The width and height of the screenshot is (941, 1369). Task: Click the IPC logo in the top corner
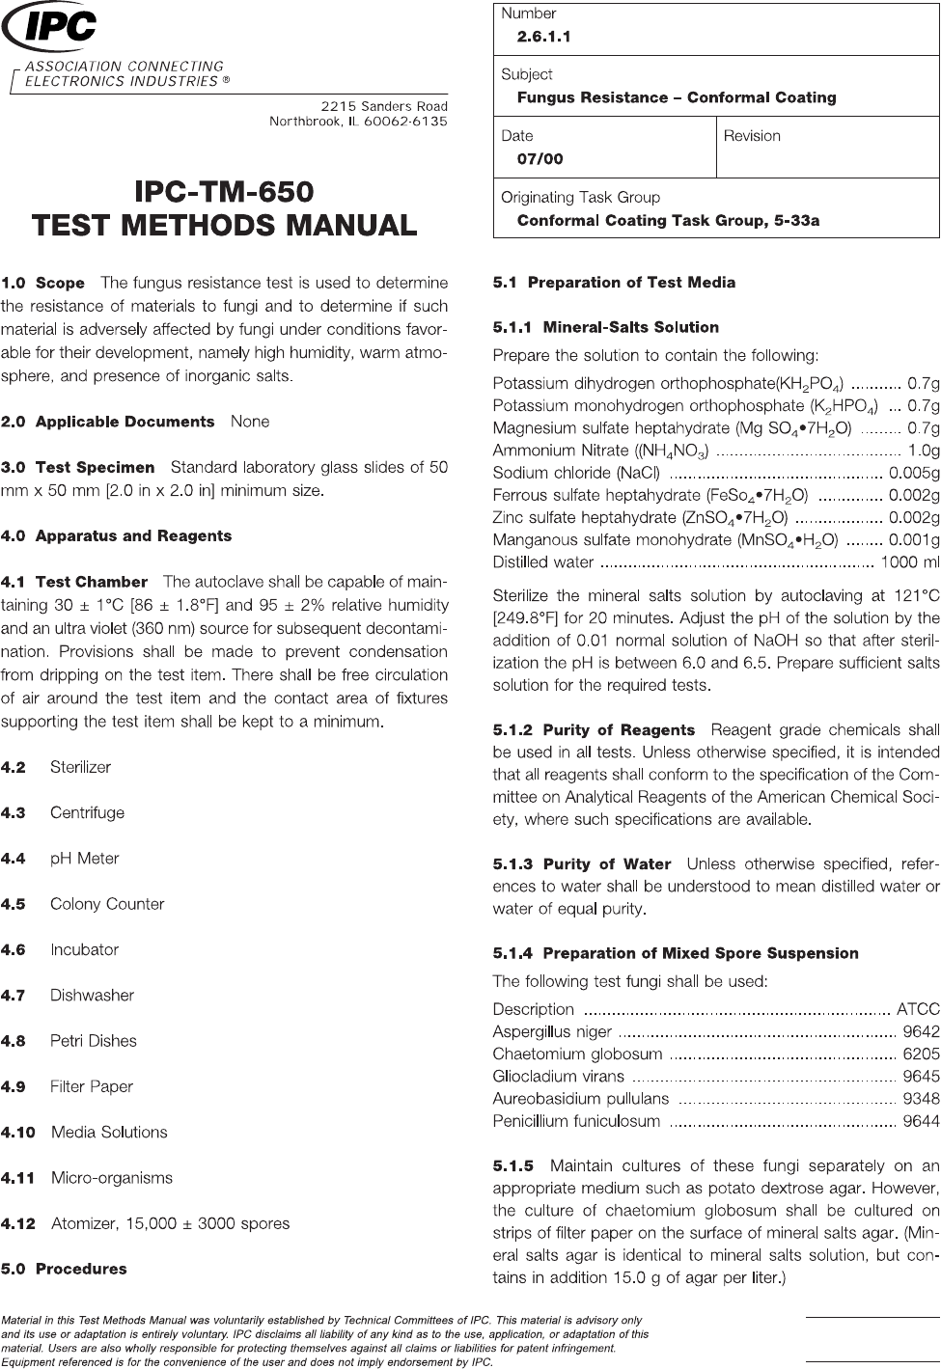(50, 28)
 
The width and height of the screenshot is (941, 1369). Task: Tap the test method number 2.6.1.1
(544, 37)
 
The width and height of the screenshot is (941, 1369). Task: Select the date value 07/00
(540, 159)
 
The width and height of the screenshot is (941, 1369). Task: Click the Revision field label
(752, 136)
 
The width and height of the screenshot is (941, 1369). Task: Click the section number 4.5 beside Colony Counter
(14, 904)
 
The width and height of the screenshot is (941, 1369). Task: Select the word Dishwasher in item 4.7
(92, 995)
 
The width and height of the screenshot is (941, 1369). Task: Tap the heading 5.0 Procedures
(64, 1269)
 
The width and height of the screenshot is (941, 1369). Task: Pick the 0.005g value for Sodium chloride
(914, 473)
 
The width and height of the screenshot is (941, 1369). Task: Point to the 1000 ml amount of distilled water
(910, 561)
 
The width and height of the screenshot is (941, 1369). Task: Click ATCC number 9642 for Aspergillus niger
(921, 1031)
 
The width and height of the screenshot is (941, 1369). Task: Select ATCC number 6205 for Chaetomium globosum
(921, 1054)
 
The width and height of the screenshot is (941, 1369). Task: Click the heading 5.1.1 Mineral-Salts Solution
(606, 327)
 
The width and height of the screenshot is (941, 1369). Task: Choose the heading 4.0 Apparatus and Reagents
(117, 535)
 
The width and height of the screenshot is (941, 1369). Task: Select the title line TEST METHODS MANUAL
(225, 225)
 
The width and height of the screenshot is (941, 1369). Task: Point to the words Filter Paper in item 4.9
(92, 1086)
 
